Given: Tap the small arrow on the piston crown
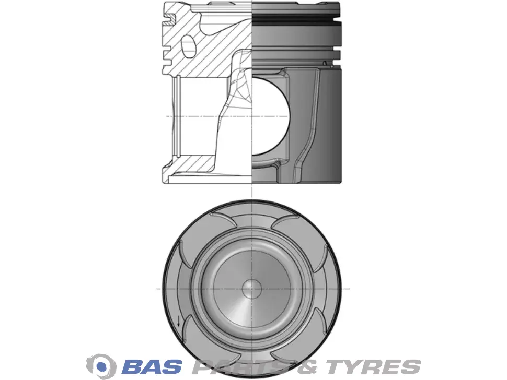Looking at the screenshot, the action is click(x=178, y=321).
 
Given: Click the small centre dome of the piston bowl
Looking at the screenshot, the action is click(x=252, y=288).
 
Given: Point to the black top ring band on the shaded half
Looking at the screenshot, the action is click(x=296, y=20).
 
